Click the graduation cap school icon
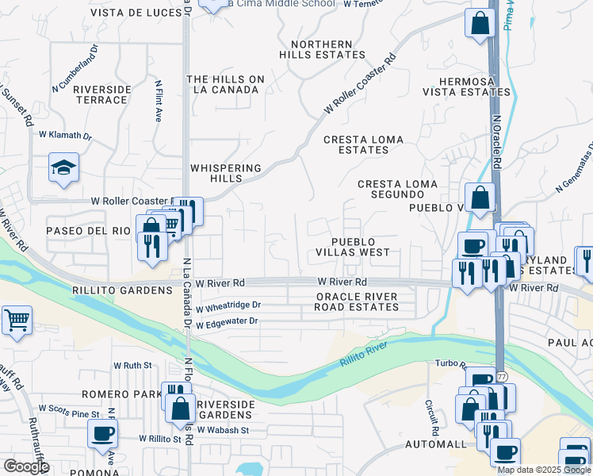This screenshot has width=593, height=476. (63, 168)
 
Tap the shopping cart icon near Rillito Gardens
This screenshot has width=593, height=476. (17, 321)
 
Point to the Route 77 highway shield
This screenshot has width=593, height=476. (502, 375)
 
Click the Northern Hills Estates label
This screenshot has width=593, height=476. (322, 49)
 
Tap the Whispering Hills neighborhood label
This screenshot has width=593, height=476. (226, 173)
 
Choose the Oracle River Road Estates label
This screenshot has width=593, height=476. (356, 302)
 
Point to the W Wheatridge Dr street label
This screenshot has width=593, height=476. (228, 305)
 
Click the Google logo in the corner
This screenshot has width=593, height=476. (26, 466)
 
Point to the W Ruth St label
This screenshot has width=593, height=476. (132, 366)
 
